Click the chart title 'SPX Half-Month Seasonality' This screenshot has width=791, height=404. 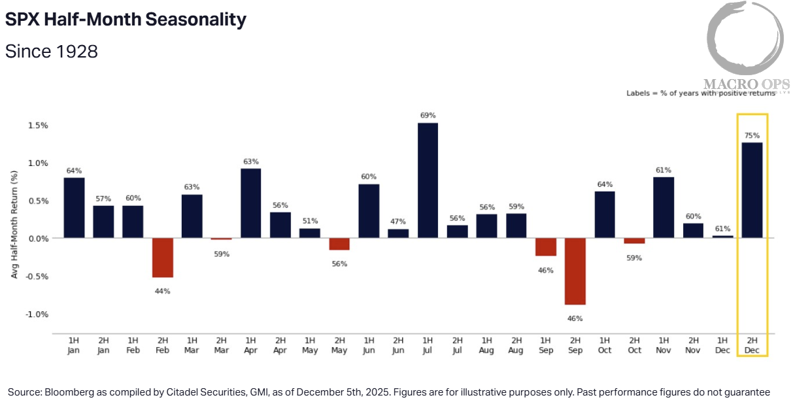126,20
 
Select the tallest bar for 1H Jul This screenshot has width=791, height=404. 428,180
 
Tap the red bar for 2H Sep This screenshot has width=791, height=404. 575,271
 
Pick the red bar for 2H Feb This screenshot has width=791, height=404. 162,258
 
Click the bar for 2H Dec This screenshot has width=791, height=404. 752,190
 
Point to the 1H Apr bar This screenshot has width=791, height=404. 251,203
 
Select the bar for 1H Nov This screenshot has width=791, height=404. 664,207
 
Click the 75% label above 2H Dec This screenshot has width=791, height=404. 752,136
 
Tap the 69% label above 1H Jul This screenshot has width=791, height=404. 428,116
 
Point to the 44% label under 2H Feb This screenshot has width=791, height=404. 162,291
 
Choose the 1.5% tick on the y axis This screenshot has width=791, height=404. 38,126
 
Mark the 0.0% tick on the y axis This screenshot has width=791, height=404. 38,239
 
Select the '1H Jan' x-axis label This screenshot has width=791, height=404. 74,346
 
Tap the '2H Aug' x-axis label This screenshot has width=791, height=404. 516,346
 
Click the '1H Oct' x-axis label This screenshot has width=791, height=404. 605,346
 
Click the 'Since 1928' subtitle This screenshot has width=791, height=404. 52,51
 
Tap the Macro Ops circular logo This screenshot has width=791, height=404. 745,39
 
